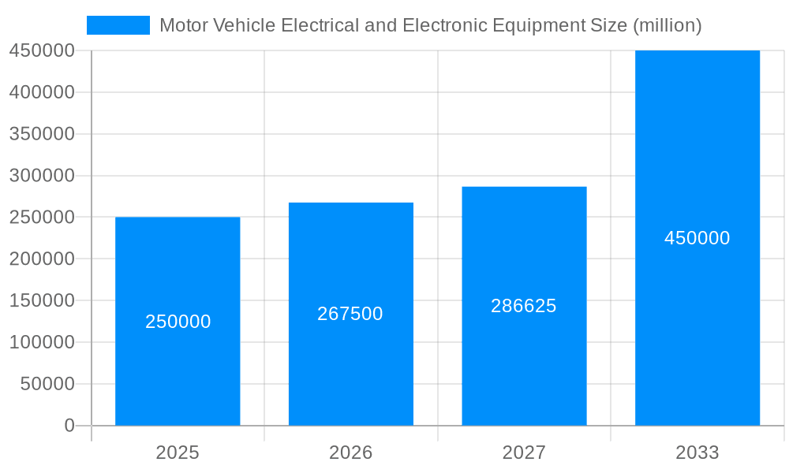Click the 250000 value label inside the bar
pyautogui.click(x=178, y=322)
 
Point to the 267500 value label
pyautogui.click(x=350, y=314)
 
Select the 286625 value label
pyautogui.click(x=524, y=306)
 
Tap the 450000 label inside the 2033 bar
pyautogui.click(x=697, y=238)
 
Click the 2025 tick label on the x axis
pyautogui.click(x=178, y=453)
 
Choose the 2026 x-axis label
pyautogui.click(x=351, y=453)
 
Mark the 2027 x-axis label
pyautogui.click(x=524, y=453)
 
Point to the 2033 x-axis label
pyautogui.click(x=697, y=453)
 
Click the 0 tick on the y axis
pyautogui.click(x=69, y=426)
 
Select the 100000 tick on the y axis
pyautogui.click(x=42, y=342)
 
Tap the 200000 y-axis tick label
pyautogui.click(x=42, y=259)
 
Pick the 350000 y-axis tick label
pyautogui.click(x=42, y=134)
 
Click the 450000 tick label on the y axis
pyautogui.click(x=42, y=50)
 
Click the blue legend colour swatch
pyautogui.click(x=118, y=25)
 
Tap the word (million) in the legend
pyautogui.click(x=667, y=25)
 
